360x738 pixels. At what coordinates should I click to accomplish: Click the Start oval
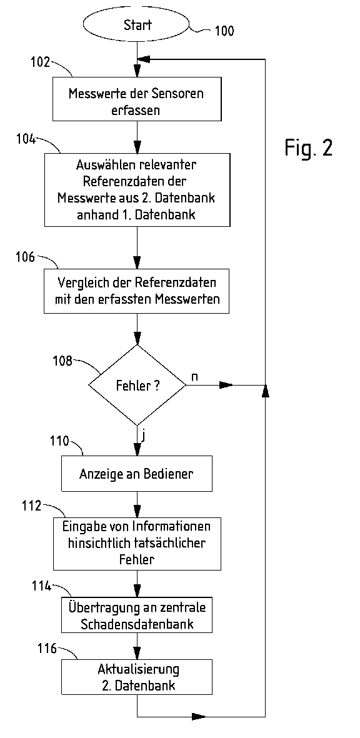click(137, 26)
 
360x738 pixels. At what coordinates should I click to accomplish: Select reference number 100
click(224, 30)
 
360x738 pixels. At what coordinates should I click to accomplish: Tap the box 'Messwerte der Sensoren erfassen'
click(136, 102)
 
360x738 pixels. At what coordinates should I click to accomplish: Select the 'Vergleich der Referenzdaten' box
click(136, 292)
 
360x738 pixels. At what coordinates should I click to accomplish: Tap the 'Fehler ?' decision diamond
click(137, 386)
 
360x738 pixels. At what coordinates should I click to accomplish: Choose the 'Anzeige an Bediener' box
click(136, 473)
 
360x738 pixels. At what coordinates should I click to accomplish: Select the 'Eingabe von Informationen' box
click(136, 542)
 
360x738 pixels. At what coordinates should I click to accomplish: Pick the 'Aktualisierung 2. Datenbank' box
click(136, 677)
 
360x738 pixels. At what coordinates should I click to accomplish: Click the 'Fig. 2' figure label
click(309, 147)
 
